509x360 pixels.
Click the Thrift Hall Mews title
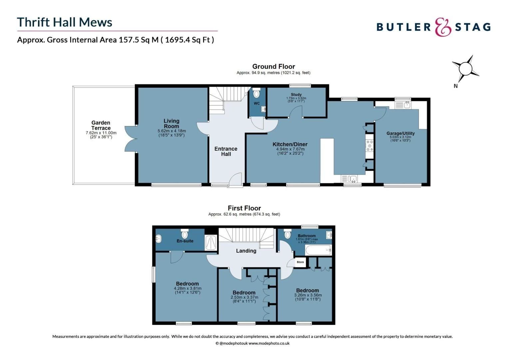pyautogui.click(x=65, y=22)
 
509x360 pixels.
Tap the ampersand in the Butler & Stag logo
pyautogui.click(x=443, y=27)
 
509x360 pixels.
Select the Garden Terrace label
pyautogui.click(x=101, y=125)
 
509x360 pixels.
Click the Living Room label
pyautogui.click(x=171, y=123)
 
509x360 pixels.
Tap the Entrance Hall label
pyautogui.click(x=226, y=151)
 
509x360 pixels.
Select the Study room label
pyautogui.click(x=296, y=95)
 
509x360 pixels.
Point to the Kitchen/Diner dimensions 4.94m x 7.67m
pyautogui.click(x=290, y=149)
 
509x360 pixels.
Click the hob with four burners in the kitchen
pyautogui.click(x=369, y=146)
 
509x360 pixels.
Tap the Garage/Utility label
pyautogui.click(x=400, y=133)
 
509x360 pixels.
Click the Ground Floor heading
pyautogui.click(x=273, y=66)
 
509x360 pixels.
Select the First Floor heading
pyautogui.click(x=244, y=208)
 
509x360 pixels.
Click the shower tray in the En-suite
pyautogui.click(x=211, y=242)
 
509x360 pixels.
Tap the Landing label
pyautogui.click(x=246, y=251)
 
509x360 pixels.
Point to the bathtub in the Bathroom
pyautogui.click(x=318, y=250)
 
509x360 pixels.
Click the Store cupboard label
pyautogui.click(x=300, y=262)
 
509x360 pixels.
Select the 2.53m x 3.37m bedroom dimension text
pyautogui.click(x=244, y=297)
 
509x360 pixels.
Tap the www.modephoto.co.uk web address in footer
pyautogui.click(x=269, y=343)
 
